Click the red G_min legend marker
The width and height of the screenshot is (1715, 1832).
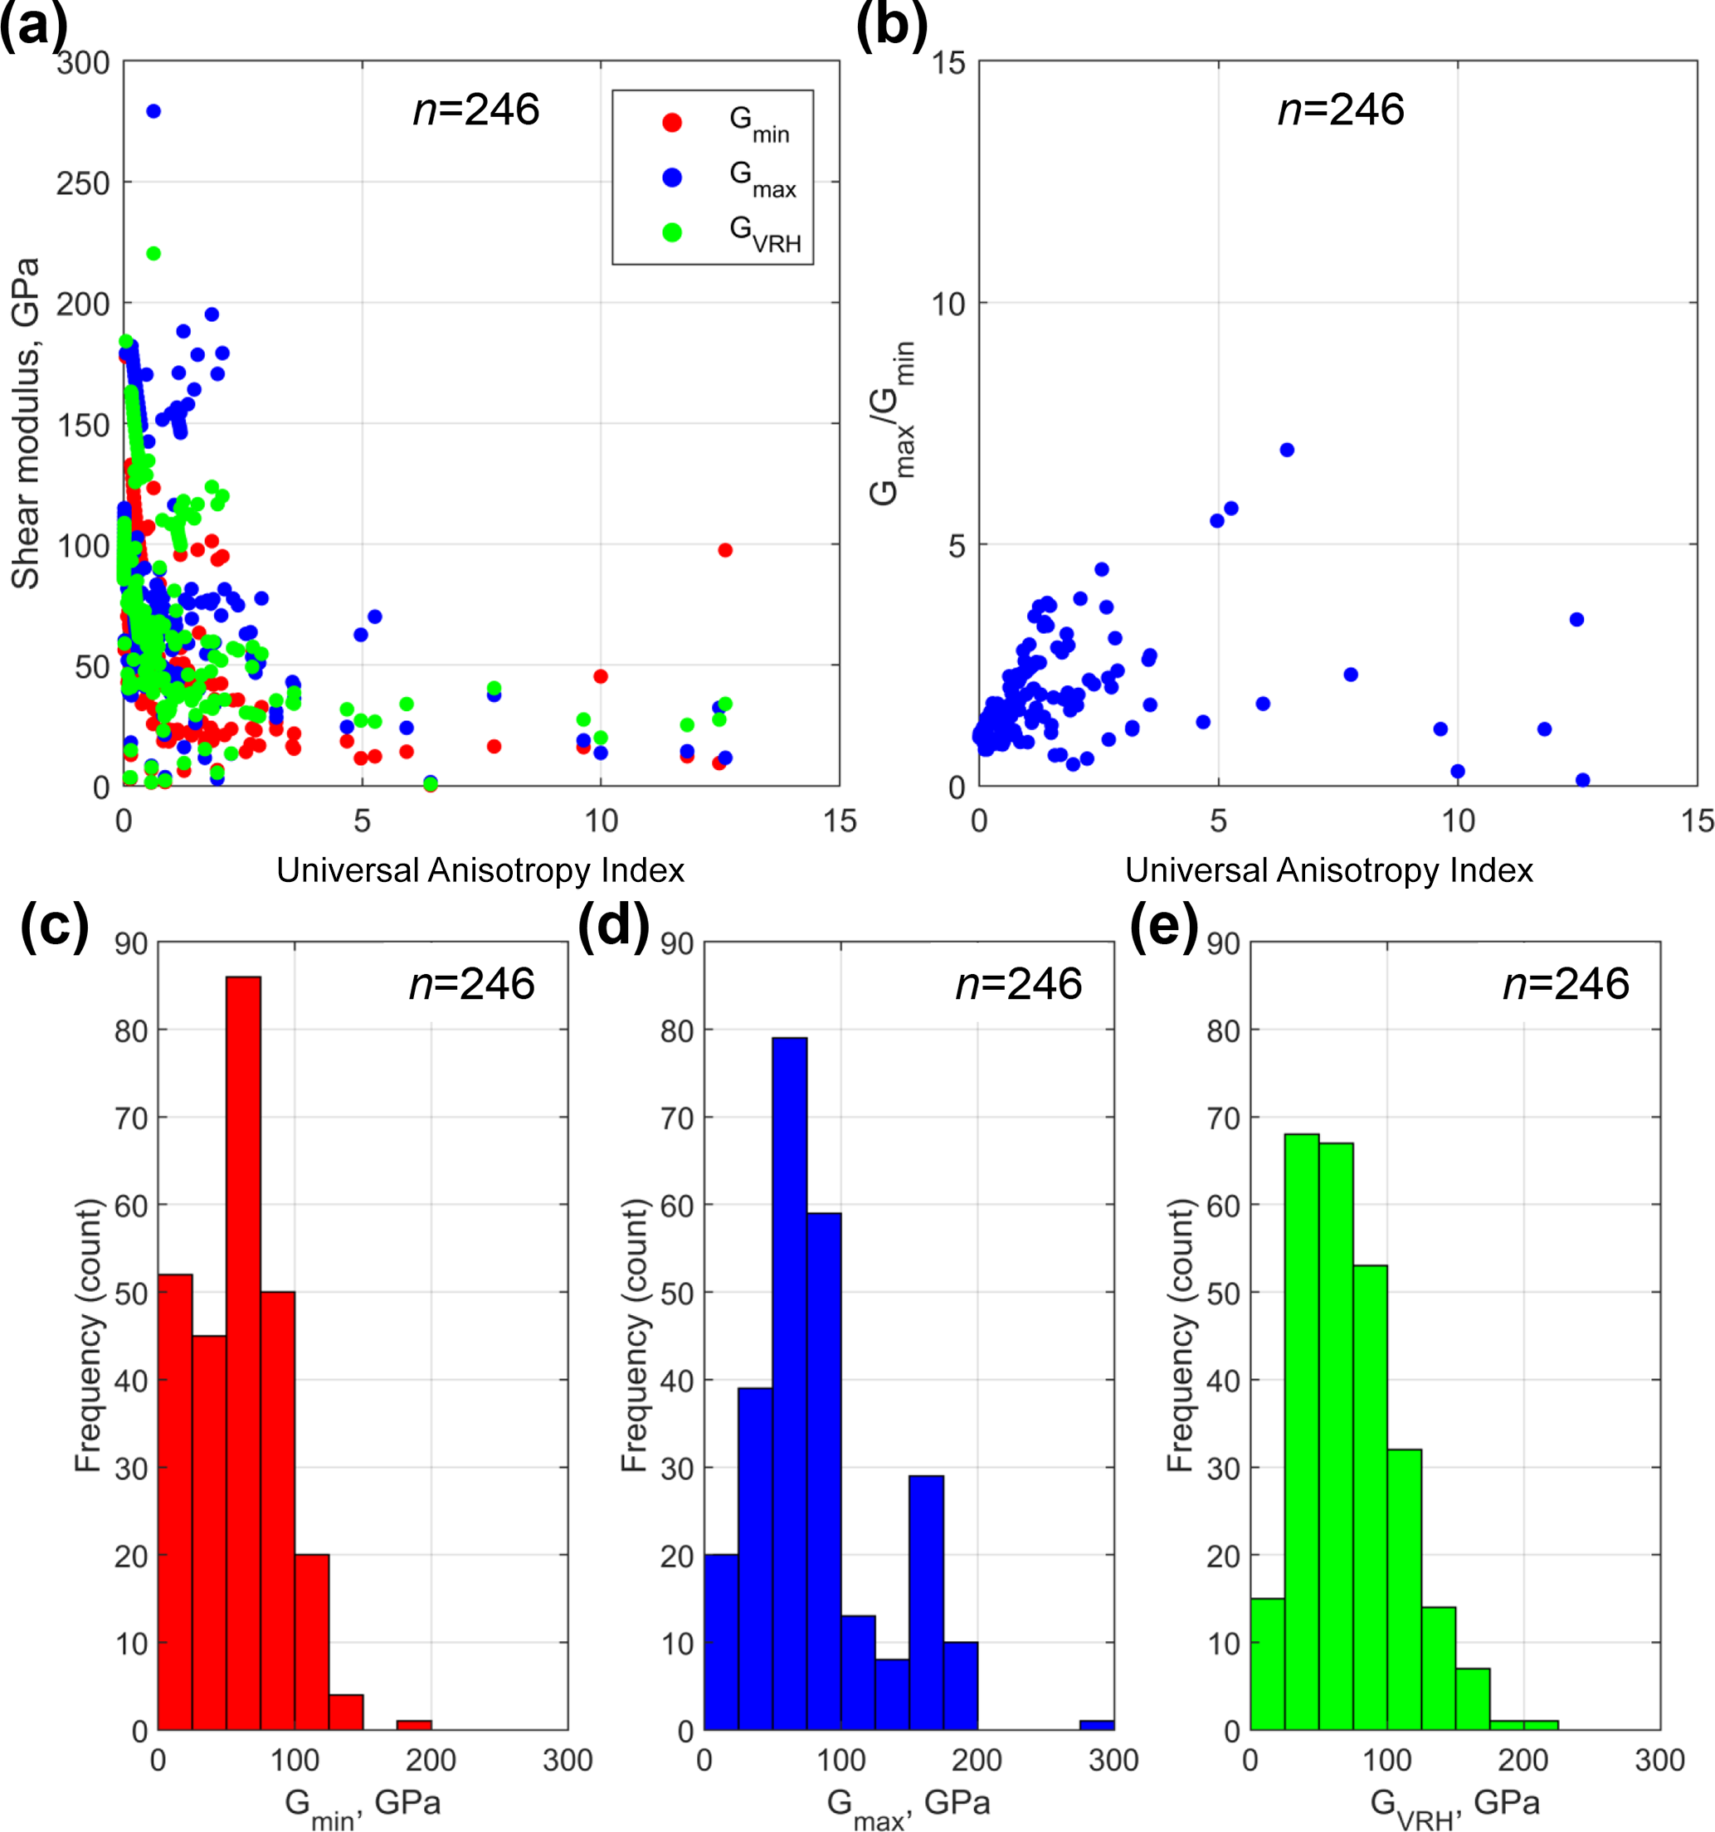(672, 123)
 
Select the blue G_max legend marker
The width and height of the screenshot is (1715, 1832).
(672, 178)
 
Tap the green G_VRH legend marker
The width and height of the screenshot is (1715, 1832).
(672, 232)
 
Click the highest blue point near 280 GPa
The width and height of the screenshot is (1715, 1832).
(153, 111)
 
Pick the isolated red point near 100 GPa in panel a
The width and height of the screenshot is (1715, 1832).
(725, 550)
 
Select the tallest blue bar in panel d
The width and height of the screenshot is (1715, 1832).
(790, 1383)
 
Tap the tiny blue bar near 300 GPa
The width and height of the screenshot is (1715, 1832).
(1097, 1724)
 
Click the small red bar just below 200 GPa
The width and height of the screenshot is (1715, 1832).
(414, 1724)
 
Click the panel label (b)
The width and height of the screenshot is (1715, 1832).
(891, 25)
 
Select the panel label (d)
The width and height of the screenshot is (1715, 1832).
(613, 924)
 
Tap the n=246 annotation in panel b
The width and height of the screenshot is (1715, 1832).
(1341, 110)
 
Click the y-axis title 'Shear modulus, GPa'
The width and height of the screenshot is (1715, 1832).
(26, 423)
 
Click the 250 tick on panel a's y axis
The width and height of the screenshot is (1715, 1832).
(83, 183)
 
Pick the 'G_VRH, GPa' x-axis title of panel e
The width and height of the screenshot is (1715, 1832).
(1454, 1805)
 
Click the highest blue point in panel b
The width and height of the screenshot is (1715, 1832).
(1288, 450)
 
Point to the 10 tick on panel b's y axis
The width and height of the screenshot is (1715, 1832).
(948, 303)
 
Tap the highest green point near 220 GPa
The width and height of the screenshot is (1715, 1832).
(153, 253)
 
